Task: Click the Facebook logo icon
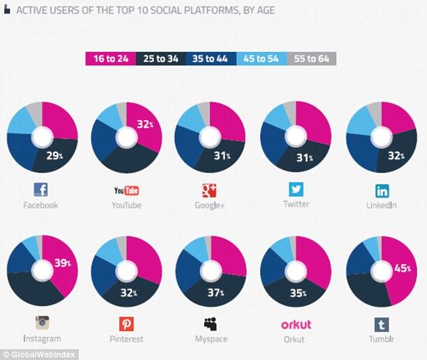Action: [x=42, y=189]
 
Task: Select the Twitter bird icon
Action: [x=296, y=188]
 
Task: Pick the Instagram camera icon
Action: [x=42, y=323]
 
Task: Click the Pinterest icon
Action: [x=127, y=323]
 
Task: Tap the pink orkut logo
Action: [x=296, y=324]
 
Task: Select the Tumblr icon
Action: [x=381, y=324]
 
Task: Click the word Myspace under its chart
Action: [x=211, y=338]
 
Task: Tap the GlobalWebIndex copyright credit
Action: [x=37, y=354]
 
